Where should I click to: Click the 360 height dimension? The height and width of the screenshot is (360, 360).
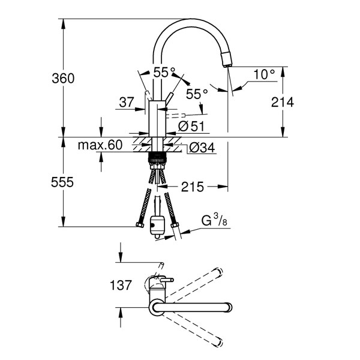(63, 78)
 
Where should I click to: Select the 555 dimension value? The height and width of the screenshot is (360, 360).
(62, 182)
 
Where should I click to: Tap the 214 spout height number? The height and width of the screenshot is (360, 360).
(283, 102)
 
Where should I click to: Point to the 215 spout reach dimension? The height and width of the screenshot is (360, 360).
(193, 187)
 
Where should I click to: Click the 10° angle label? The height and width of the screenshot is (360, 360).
(264, 74)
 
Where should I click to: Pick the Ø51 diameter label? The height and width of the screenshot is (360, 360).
(191, 126)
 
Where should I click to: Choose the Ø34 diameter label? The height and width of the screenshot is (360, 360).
(202, 148)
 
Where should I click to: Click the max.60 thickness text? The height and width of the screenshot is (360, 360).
(100, 145)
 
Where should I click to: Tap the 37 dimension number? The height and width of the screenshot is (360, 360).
(127, 102)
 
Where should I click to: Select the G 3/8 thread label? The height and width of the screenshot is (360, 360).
(214, 220)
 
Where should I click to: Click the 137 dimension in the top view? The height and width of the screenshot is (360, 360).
(121, 285)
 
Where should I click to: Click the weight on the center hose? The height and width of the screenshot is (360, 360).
(157, 224)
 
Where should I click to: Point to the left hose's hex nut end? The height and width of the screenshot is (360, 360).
(140, 225)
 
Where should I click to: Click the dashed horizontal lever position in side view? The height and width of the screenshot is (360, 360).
(176, 116)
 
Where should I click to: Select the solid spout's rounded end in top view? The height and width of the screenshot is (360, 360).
(228, 307)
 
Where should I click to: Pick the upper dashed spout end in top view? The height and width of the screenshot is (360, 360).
(218, 272)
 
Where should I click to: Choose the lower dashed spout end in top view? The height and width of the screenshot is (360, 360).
(218, 343)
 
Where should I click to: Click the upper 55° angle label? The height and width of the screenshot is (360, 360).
(164, 73)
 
